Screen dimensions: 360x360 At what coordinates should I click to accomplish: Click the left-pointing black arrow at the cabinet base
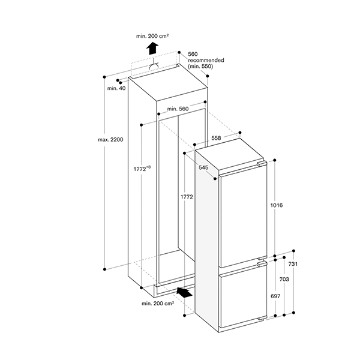[186, 293]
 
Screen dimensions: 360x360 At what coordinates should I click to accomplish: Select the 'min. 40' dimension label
[116, 89]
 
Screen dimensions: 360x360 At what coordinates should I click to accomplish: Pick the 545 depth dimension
[203, 167]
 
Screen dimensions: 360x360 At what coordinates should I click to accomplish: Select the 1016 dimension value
[277, 206]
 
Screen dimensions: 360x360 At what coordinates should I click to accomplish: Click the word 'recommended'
[206, 60]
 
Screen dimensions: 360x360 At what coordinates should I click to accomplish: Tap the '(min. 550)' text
[200, 67]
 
